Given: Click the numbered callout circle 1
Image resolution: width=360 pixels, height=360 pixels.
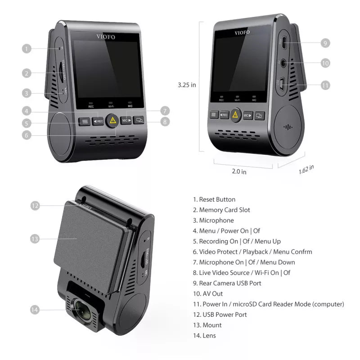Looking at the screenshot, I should pos(27,49).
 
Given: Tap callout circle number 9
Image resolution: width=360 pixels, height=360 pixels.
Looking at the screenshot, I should pos(325,43).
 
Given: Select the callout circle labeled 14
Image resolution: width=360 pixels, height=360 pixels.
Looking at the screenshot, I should pos(35,310).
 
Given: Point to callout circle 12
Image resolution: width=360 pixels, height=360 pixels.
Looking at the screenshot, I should pos(35,206).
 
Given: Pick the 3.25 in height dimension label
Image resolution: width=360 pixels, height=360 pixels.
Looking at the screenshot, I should pos(187,85).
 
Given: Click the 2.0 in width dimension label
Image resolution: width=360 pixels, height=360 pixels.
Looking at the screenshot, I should pos(239,171).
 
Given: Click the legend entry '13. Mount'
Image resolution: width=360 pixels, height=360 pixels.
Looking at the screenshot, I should pos(207,325).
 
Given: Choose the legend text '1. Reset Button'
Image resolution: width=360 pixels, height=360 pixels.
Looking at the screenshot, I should pos(214,199).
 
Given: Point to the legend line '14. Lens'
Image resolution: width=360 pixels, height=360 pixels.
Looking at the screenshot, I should pos(204,335).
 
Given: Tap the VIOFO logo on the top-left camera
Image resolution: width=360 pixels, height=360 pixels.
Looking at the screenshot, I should pos(105,37).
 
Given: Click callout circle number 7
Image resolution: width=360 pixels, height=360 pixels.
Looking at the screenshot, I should pos(165,111).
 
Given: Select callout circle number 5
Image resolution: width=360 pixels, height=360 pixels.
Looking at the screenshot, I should pos(27,123).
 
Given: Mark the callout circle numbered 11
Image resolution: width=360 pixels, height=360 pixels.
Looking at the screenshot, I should pos(325,85).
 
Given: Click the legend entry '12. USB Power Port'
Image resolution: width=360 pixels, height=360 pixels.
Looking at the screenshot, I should pos(220,315).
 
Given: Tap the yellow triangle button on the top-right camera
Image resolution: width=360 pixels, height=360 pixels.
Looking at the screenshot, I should pos(235,115).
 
